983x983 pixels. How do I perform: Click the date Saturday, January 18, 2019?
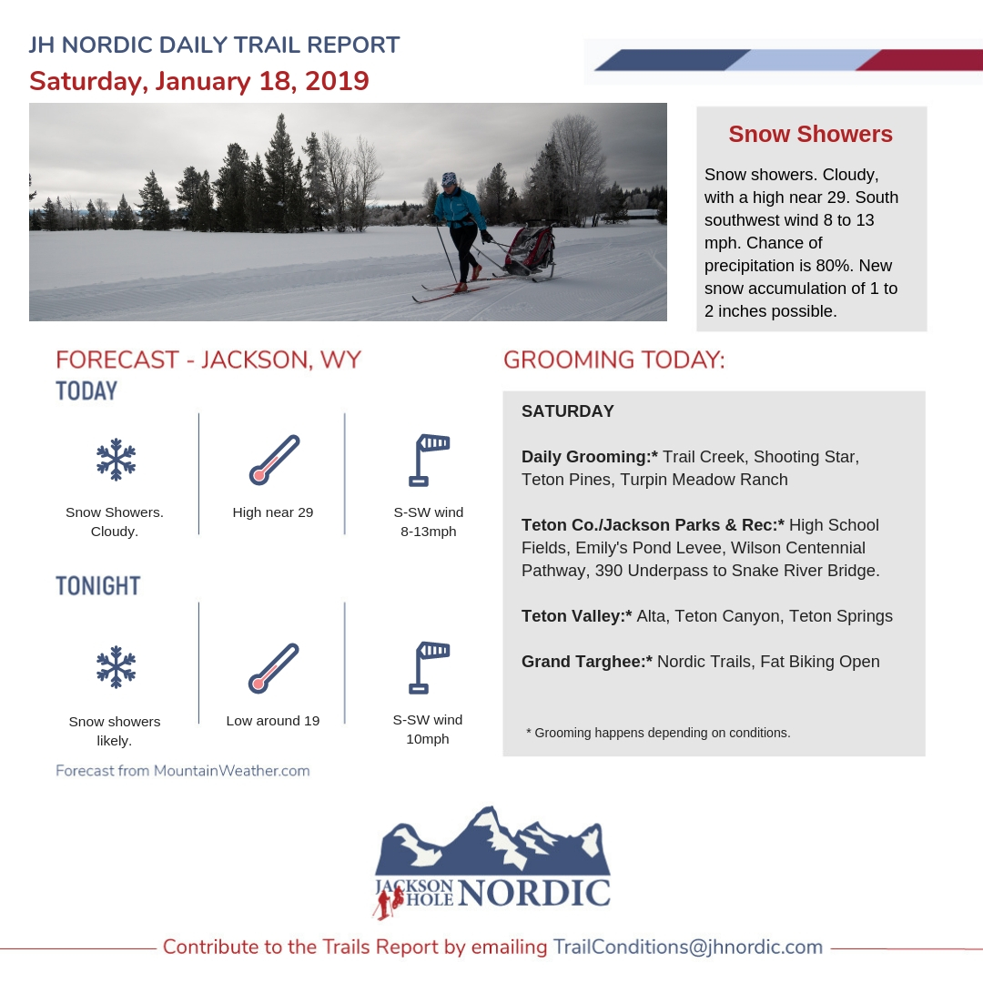[x=198, y=80]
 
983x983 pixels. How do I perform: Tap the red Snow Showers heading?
[x=810, y=135]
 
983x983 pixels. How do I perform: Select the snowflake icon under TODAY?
[x=116, y=459]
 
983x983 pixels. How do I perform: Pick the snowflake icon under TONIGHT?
[x=116, y=666]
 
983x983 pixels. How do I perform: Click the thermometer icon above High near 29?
[x=273, y=459]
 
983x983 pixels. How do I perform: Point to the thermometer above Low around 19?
[x=273, y=668]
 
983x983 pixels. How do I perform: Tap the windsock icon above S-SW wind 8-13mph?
[x=429, y=459]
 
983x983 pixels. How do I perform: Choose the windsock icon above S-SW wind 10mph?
[x=429, y=666]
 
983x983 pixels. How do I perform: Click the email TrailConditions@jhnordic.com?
[x=687, y=947]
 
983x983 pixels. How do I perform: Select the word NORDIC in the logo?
[x=533, y=893]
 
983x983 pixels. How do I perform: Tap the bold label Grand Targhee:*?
[x=587, y=662]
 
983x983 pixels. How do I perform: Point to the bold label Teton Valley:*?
[x=576, y=616]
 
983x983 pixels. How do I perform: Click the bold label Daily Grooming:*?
[x=590, y=456]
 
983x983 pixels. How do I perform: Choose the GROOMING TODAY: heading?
[x=614, y=360]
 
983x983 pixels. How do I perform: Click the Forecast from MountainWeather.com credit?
[x=182, y=771]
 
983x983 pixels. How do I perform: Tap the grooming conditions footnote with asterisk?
[x=658, y=733]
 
